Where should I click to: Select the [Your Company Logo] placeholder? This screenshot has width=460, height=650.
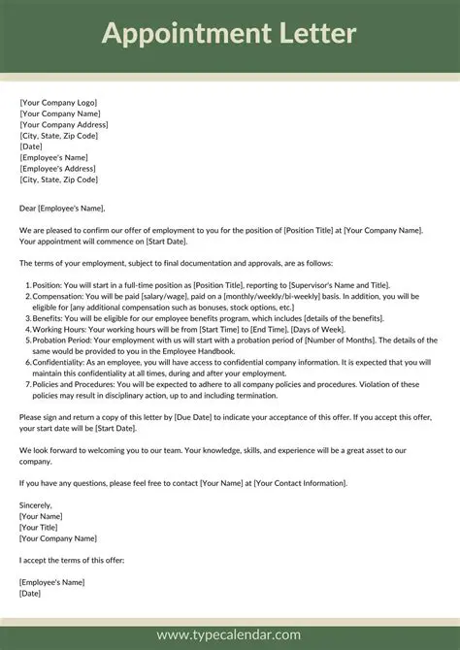[x=58, y=102]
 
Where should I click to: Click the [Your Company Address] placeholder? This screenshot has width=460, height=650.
[x=64, y=124]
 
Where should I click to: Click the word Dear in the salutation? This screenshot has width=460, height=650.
[x=28, y=207]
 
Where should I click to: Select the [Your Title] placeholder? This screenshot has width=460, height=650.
[x=42, y=527]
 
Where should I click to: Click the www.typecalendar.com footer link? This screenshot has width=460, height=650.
[x=230, y=635]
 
